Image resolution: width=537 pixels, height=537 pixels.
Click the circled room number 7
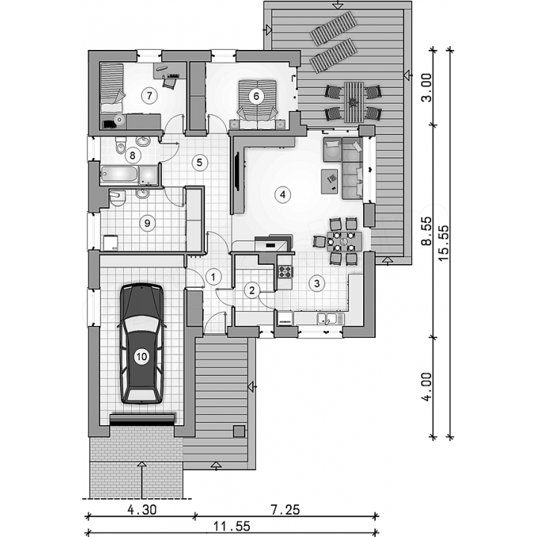pos(149,95)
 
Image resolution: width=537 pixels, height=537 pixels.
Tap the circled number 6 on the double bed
pos(257,96)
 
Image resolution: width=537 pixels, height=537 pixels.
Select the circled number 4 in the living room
pos(283,195)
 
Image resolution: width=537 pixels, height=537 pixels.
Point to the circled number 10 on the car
pos(142,357)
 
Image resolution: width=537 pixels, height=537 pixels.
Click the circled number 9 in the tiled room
pos(147,223)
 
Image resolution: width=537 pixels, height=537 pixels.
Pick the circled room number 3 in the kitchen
pos(317,283)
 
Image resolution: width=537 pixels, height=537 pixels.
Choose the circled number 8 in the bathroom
pos(133,155)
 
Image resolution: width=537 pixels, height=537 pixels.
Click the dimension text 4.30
pos(142,510)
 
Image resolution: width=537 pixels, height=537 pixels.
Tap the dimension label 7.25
pos(285,510)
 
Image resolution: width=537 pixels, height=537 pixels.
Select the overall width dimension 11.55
pos(232,526)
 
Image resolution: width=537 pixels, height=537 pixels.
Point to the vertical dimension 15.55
pos(443,243)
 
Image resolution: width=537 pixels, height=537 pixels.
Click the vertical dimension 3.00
pos(427,87)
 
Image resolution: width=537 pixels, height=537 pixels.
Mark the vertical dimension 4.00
pos(427,386)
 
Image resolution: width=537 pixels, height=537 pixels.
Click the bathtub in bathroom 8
pos(119,175)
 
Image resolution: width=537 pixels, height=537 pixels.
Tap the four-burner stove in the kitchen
pos(285,271)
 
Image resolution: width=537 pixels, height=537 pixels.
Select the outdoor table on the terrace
pos(354,101)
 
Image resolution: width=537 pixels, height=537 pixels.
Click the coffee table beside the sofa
pos(330,181)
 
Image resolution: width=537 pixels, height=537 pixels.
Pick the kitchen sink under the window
pos(327,319)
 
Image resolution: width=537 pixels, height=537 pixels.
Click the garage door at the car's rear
pos(142,420)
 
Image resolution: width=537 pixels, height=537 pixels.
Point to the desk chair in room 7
pos(169,84)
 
